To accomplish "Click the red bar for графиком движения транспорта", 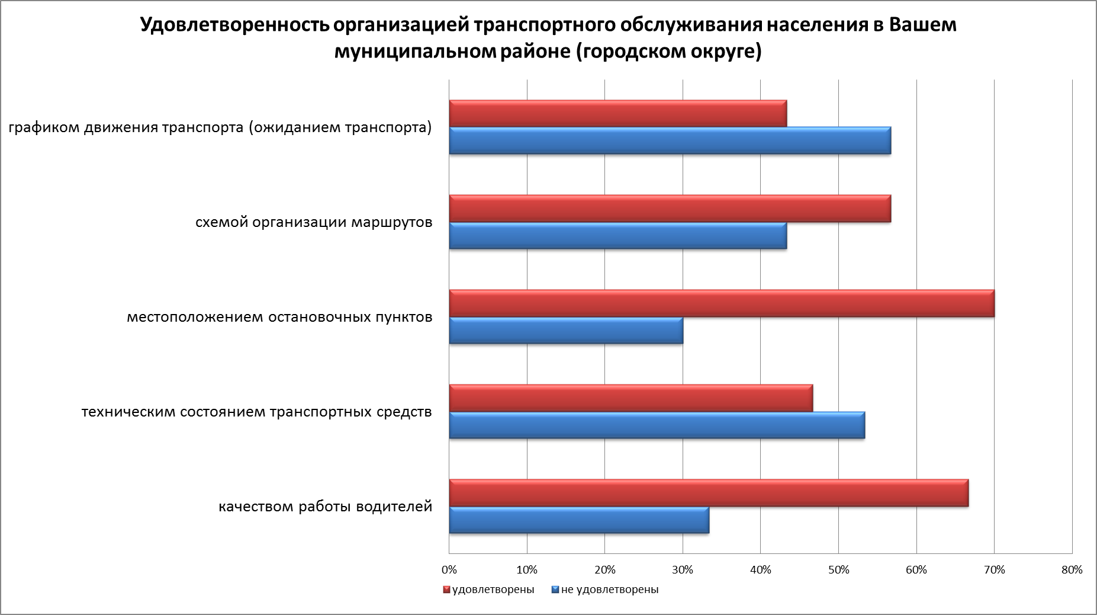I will point(618,113).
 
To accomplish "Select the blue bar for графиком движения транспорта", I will point(670,140).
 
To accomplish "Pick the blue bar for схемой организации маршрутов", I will point(618,235).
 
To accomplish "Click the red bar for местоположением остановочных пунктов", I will point(722,303).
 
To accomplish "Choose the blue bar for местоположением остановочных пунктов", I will point(566,330).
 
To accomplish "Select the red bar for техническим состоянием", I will point(631,398).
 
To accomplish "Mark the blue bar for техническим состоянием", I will point(657,425).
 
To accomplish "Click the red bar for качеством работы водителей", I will point(709,492).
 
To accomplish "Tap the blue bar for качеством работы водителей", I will point(579,520).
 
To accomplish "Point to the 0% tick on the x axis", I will point(449,570).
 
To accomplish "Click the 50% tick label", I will point(838,570).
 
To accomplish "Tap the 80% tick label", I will point(1072,570).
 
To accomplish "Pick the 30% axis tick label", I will point(683,570).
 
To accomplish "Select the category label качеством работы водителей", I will point(326,507).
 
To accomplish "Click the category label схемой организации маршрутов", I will point(314,223).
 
